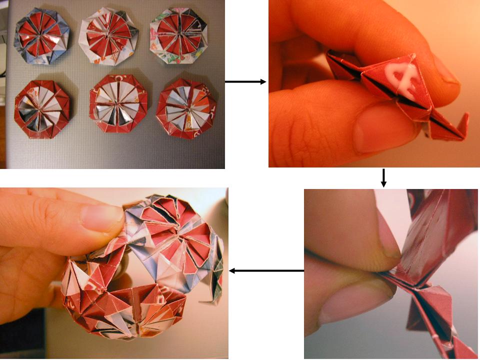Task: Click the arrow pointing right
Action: click(x=245, y=81)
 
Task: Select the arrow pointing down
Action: click(x=383, y=178)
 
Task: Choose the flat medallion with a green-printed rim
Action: click(x=178, y=38)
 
